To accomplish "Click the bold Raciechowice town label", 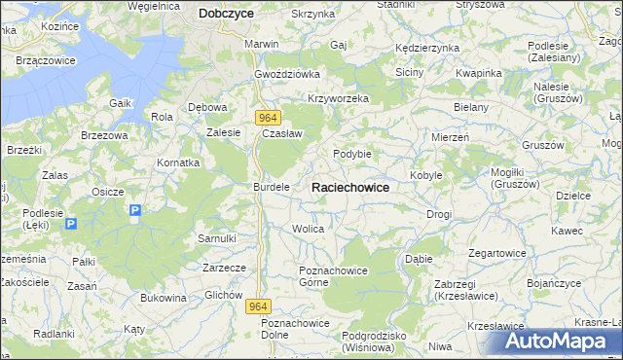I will point(350,187).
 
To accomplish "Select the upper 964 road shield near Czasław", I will point(270,117).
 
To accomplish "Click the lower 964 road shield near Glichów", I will point(256,306).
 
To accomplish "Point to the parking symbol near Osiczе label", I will point(135,210).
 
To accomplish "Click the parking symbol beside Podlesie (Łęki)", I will point(71,224).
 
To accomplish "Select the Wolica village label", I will point(308,229).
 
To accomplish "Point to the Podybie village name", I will point(352,154).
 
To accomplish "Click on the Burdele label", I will point(272,186).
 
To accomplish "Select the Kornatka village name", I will point(179,162).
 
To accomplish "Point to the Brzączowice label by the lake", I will point(46,60).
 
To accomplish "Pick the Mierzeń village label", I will point(451,138).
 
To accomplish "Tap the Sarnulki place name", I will point(217,237).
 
